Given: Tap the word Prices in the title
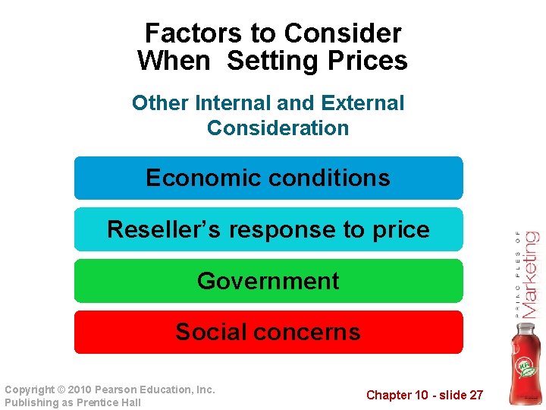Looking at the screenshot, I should tap(370, 61).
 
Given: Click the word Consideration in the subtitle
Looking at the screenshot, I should tap(278, 128).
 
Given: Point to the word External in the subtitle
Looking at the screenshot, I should tap(363, 102).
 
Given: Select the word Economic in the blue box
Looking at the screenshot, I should tap(193, 178).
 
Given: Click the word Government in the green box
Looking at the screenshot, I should tap(268, 281).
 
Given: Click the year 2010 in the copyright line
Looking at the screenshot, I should tap(81, 389).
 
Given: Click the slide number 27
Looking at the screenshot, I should tap(475, 395).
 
